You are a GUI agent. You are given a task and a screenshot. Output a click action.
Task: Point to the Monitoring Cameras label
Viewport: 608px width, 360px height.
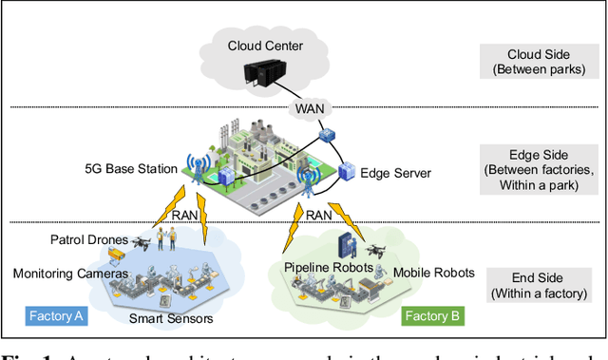(69, 274)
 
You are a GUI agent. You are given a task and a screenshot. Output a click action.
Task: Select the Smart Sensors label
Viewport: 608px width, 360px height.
(170, 319)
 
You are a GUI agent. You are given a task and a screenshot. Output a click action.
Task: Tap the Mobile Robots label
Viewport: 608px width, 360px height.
(433, 274)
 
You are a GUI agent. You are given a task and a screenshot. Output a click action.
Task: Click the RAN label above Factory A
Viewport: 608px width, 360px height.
(184, 216)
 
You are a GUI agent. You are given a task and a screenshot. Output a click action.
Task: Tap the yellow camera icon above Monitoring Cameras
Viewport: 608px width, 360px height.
(116, 255)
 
